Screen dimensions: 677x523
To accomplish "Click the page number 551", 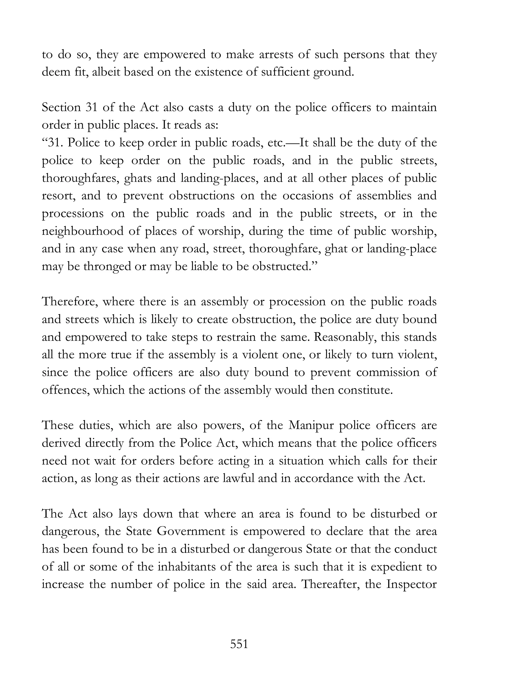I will pyautogui.click(x=239, y=644).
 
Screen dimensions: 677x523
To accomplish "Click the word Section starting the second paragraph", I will pyautogui.click(x=61, y=108).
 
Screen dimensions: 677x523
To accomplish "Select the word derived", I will pyautogui.click(x=61, y=443).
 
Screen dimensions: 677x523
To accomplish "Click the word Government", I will pyautogui.click(x=191, y=531).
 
